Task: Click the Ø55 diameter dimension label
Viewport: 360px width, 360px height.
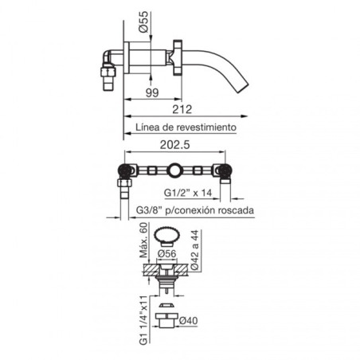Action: tap(144, 22)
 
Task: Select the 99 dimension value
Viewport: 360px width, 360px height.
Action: tap(152, 92)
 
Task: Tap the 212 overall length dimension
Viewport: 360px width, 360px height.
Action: tap(182, 109)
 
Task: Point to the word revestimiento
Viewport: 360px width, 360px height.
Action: tap(206, 127)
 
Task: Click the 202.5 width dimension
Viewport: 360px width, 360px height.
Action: tap(174, 145)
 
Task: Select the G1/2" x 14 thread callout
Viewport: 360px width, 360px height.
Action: tap(188, 193)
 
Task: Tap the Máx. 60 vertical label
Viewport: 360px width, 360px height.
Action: tap(143, 241)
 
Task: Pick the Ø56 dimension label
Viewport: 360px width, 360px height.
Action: tap(166, 254)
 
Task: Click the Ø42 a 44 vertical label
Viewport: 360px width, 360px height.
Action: tap(194, 250)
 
